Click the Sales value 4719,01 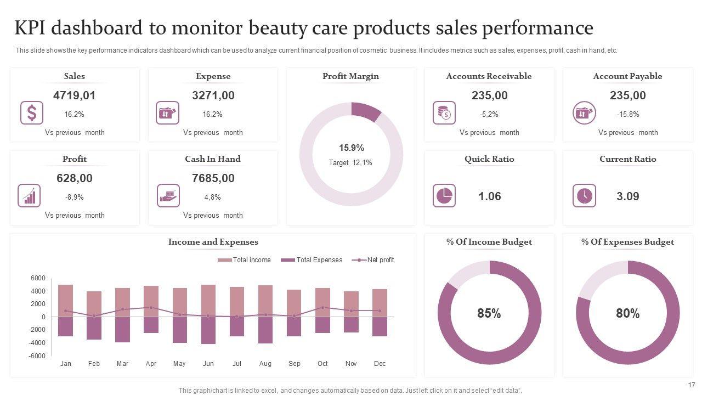pos(74,95)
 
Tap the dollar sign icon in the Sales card pos(32,113)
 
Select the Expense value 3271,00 pos(213,95)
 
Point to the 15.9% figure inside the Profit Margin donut pos(351,148)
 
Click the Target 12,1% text pos(350,162)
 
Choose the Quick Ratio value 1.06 pos(489,196)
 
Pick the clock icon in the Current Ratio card pos(584,196)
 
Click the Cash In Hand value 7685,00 pos(213,178)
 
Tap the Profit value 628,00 pos(74,178)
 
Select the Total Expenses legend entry pos(312,260)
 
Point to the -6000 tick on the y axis pos(38,356)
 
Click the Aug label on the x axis pos(265,364)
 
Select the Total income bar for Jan pos(65,301)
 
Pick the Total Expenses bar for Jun pos(208,330)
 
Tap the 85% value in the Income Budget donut pos(489,313)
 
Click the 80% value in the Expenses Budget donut pos(627,313)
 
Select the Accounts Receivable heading pos(489,76)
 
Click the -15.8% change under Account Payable pos(627,115)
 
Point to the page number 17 pos(691,385)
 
